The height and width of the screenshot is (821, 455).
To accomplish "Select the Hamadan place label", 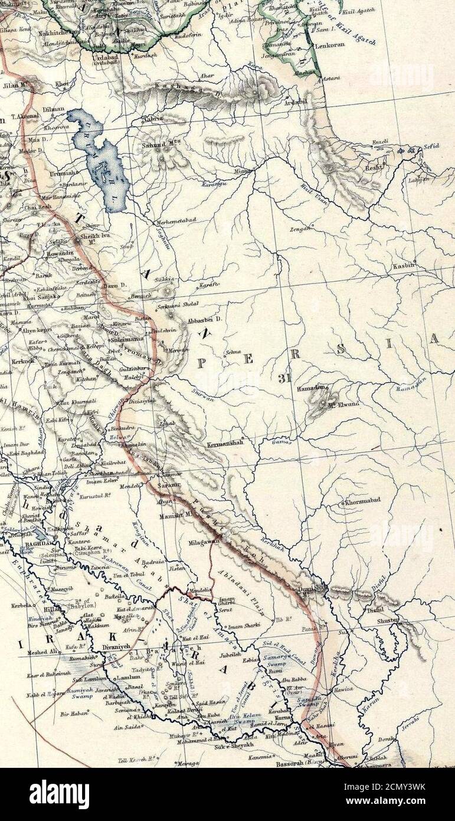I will pos(310,387).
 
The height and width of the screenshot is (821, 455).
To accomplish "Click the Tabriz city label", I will pos(153,119).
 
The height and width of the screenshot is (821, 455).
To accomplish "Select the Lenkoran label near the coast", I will pos(329,44).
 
